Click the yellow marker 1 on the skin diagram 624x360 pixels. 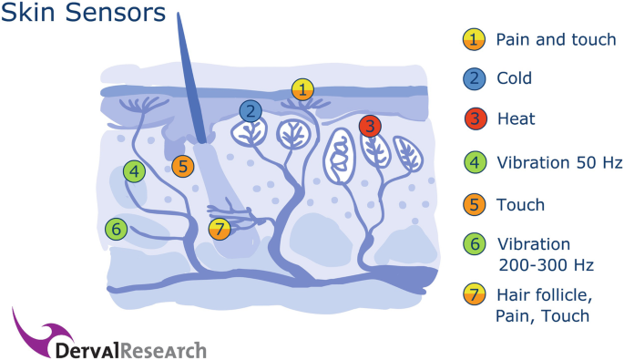pos(302,88)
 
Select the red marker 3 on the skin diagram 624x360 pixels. pos(370,126)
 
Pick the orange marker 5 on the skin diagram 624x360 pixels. pos(183,167)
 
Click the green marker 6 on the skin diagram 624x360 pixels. pos(115,229)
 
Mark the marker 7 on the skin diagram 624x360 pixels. pos(219,230)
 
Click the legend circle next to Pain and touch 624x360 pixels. pos(474,39)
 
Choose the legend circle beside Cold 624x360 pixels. pos(474,79)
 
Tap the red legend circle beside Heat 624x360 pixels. pos(474,119)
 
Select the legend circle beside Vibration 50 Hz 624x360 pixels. pos(474,163)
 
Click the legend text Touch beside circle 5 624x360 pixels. pos(520,205)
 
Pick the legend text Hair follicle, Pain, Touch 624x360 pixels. pos(543,304)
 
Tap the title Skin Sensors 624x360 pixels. pos(83,15)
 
